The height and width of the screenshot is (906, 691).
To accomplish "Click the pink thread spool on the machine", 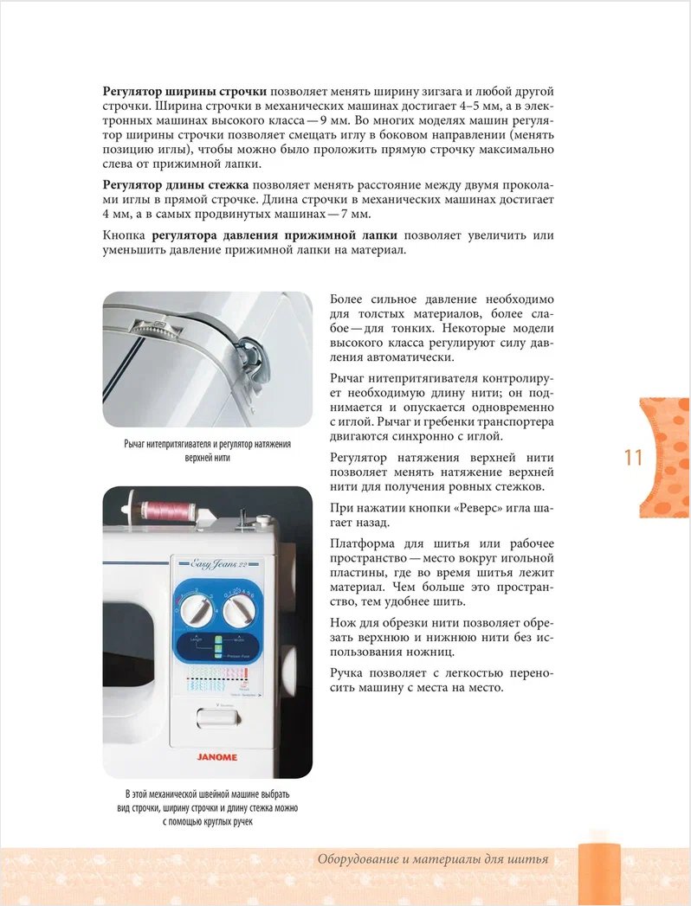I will point(171,510).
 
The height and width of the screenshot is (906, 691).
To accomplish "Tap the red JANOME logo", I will point(216,756).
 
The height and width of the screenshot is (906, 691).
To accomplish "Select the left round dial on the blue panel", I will point(196,610).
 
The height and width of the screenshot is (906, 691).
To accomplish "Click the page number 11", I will point(633,457).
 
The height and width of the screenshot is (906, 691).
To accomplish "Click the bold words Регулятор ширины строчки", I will point(184,92).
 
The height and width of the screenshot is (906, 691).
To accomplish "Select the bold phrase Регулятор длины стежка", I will point(176,184).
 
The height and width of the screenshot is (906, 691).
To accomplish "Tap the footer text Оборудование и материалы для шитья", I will point(433,859).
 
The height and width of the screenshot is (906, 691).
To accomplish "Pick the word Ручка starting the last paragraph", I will point(350,673).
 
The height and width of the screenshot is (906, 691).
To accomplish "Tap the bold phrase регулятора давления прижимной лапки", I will point(262,235).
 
